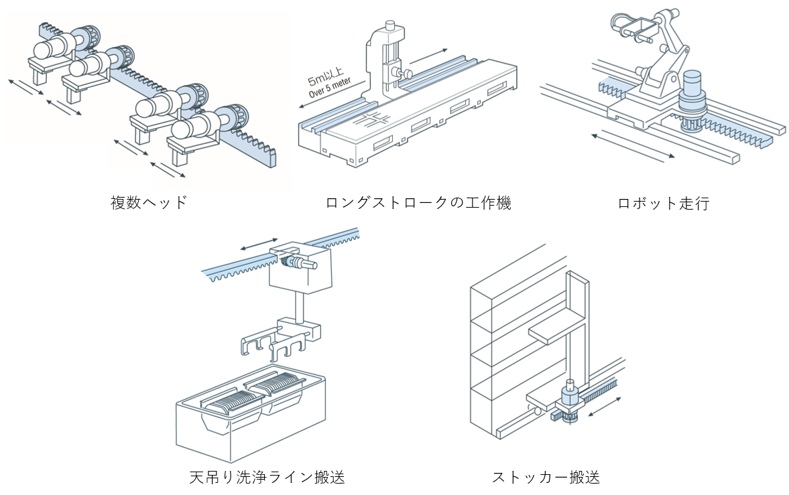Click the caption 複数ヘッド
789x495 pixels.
coord(149,202)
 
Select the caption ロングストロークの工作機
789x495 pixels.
coord(418,202)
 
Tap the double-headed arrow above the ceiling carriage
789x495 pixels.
coord(259,243)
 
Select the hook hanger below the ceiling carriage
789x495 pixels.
coord(275,342)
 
